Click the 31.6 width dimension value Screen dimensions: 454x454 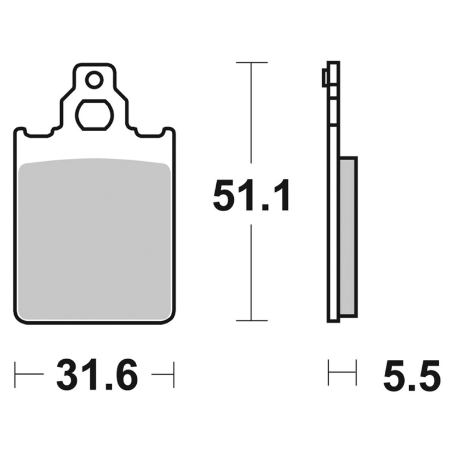click(x=97, y=375)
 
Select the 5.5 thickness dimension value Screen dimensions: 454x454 click(x=412, y=375)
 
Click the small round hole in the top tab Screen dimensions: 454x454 click(x=94, y=79)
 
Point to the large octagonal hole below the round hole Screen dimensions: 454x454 click(x=94, y=115)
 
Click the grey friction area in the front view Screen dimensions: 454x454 click(x=94, y=238)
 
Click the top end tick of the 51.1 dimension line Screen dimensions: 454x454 click(x=251, y=62)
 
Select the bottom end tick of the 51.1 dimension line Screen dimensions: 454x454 click(x=251, y=321)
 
